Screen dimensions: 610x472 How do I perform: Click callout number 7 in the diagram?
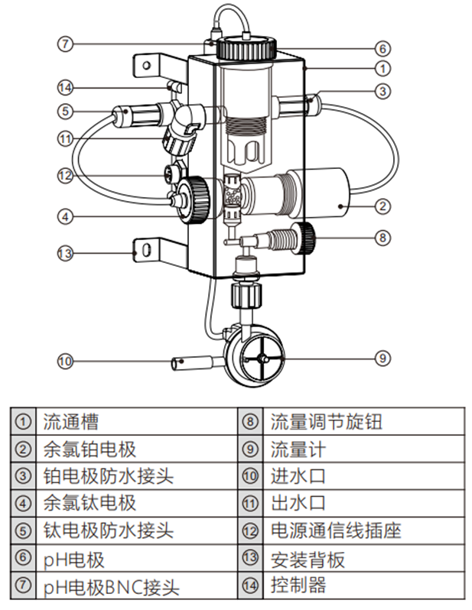point(66,44)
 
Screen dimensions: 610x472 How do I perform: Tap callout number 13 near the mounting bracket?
point(66,251)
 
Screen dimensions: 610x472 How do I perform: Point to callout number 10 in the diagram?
point(66,359)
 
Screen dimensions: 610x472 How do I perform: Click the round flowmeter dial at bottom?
point(261,357)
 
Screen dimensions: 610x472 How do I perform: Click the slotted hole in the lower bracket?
point(144,249)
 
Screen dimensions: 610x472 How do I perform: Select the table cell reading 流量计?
point(298,449)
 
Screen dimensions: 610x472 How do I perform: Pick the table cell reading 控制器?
point(298,586)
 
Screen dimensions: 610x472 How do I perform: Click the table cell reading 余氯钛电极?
point(90,504)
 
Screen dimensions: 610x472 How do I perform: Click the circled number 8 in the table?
point(249,422)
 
